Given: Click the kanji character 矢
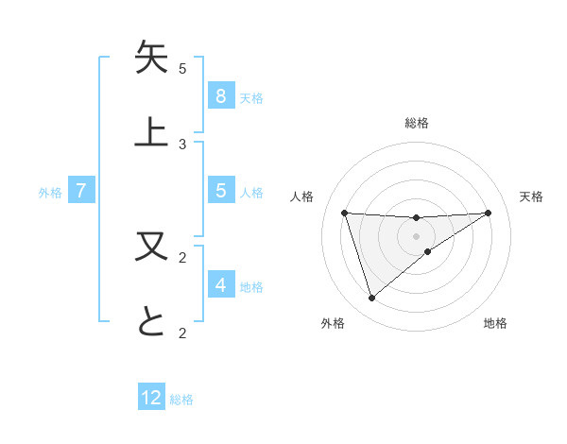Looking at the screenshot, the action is point(151,59).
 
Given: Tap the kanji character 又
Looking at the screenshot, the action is point(151,248).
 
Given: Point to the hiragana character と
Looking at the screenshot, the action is point(151,321).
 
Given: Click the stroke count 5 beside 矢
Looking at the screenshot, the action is point(182,69).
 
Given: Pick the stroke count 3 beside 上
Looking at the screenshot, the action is point(182,144).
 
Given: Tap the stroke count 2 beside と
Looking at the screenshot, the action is point(182,332).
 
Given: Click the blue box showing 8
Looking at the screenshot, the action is point(220,95).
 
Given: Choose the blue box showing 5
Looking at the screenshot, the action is point(220,191).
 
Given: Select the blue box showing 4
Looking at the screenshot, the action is point(220,284).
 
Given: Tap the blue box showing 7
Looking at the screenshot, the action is point(81,191).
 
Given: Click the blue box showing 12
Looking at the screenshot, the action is point(151,398).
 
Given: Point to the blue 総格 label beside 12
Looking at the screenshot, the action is point(181,400).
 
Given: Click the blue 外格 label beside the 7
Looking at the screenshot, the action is point(50,193).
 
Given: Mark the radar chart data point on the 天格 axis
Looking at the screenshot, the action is point(488,213).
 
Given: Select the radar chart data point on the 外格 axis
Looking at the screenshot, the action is point(372,299).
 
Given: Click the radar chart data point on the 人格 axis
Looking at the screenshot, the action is point(345,213).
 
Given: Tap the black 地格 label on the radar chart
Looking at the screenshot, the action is point(495,323).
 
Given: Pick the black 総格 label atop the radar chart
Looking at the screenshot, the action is point(417,123).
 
